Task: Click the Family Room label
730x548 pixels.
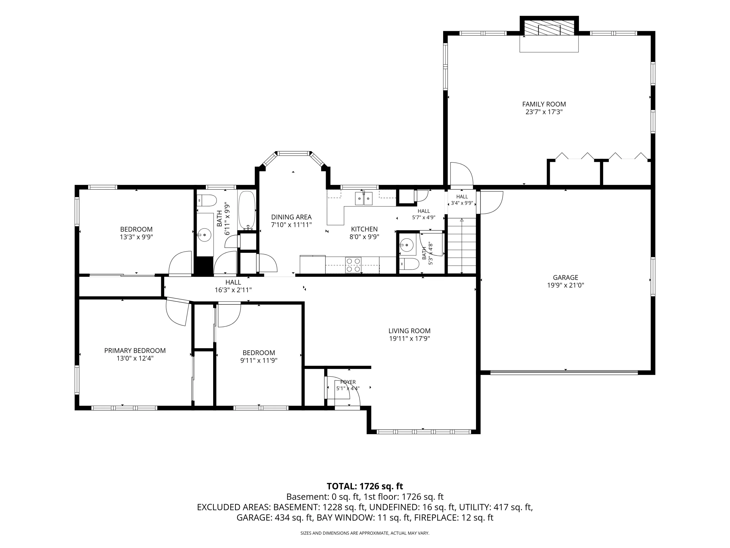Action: tap(544, 104)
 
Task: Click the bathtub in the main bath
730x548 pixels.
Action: tap(247, 210)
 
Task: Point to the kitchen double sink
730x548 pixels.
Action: tap(364, 198)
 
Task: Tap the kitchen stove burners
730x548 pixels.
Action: tap(353, 265)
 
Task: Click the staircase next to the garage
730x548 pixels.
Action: tap(462, 246)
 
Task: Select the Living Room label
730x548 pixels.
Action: tap(409, 331)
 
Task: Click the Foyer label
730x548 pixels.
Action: tap(348, 382)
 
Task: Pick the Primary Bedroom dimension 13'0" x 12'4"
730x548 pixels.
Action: tap(135, 359)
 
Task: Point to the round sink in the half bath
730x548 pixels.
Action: tap(407, 245)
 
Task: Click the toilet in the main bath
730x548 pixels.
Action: tap(207, 200)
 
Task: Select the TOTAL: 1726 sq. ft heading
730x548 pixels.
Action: tap(365, 486)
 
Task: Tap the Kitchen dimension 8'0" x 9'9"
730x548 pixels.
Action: tap(364, 237)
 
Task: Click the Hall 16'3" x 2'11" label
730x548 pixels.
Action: tap(233, 286)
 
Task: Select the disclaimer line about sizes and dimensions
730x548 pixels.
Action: tap(365, 533)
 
